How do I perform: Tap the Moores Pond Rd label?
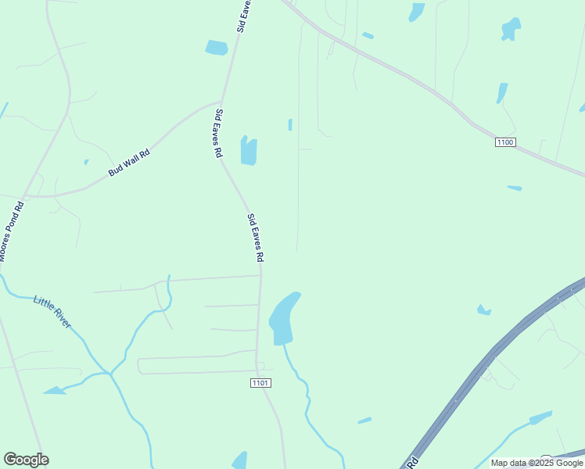(x=12, y=232)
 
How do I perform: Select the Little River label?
(x=52, y=310)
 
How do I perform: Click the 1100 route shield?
(x=505, y=141)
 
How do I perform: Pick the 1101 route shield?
(x=260, y=382)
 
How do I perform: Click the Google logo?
(x=26, y=460)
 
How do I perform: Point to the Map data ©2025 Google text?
(x=537, y=463)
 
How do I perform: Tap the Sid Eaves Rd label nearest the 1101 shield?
(x=255, y=238)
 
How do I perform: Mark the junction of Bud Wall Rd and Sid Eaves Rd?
(x=221, y=102)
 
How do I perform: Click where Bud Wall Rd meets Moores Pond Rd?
(x=27, y=195)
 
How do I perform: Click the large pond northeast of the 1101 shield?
(x=282, y=319)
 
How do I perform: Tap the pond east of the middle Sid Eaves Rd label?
(x=249, y=151)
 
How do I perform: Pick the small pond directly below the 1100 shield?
(x=515, y=188)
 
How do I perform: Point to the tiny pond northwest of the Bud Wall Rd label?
(x=86, y=163)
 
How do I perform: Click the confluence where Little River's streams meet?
(x=111, y=374)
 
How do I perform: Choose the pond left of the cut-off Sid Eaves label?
(x=216, y=48)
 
